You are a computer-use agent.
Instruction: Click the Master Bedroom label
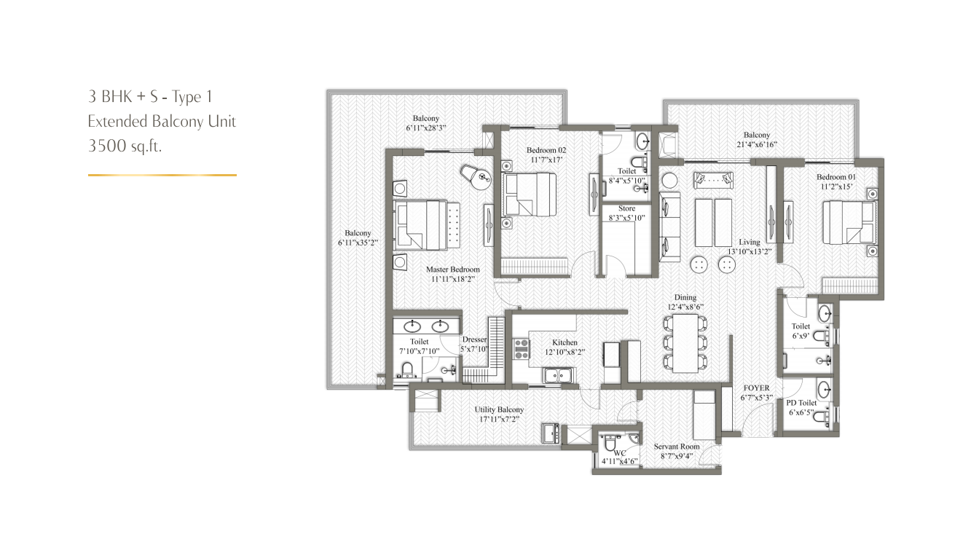point(452,270)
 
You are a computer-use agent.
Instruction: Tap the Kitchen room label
point(565,342)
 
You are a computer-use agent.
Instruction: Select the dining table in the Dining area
point(685,343)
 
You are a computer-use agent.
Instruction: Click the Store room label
point(626,208)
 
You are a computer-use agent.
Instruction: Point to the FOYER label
point(756,388)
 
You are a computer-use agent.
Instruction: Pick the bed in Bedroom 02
point(529,194)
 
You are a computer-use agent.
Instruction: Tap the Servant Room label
point(677,447)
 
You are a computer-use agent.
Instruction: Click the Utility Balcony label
point(499,409)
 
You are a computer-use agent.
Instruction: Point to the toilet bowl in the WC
point(610,443)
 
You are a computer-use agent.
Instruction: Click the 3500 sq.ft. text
point(125,146)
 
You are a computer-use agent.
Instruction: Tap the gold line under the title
point(162,175)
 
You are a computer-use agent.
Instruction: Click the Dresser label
point(474,339)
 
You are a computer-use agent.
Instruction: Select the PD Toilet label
point(801,403)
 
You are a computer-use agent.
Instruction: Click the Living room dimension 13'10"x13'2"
point(750,251)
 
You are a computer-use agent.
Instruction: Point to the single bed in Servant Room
point(704,415)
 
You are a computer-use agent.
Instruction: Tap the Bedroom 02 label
point(546,150)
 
